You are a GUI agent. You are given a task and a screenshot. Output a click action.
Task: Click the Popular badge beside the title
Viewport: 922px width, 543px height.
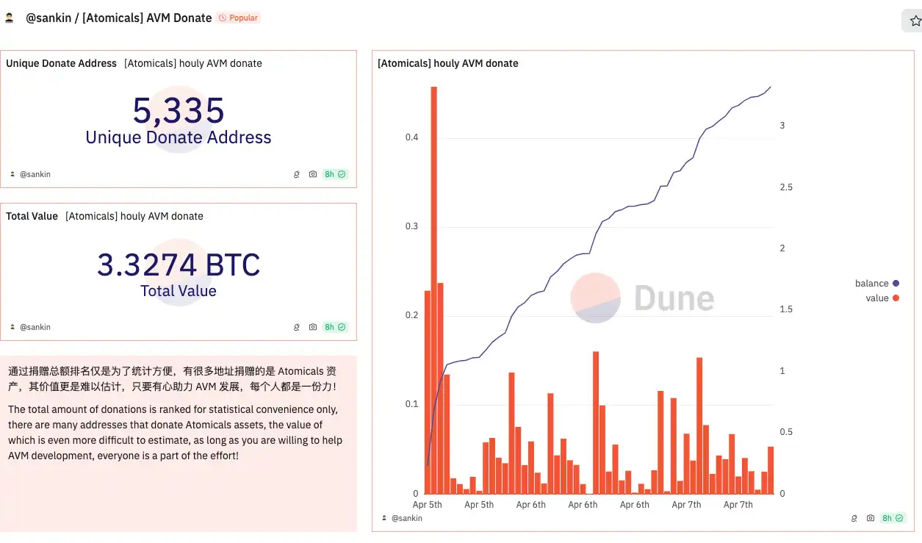tap(239, 18)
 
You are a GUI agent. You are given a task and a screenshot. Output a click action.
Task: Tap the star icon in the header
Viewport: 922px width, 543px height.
tap(915, 21)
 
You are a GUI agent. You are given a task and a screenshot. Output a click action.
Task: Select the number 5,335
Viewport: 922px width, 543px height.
tap(179, 111)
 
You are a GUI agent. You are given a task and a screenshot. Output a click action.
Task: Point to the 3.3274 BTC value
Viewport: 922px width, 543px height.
tap(179, 265)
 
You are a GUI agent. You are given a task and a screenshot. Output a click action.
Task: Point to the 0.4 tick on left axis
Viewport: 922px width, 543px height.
tap(411, 137)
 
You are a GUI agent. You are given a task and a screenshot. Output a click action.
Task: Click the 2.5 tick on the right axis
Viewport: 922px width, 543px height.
tap(785, 187)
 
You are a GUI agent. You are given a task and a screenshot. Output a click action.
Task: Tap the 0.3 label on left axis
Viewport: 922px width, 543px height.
tap(411, 226)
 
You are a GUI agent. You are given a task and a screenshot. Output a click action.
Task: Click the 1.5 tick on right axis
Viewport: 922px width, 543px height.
tap(785, 309)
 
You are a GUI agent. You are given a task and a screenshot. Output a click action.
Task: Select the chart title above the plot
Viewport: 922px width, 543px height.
tap(447, 64)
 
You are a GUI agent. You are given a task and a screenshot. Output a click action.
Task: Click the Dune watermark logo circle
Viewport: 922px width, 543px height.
tap(596, 298)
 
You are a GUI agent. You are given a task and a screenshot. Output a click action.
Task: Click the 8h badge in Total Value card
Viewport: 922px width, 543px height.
tap(334, 327)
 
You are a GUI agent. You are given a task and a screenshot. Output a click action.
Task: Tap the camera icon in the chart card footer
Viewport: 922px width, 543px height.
tap(871, 518)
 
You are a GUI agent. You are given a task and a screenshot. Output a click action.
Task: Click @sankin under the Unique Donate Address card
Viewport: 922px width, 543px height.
tap(35, 174)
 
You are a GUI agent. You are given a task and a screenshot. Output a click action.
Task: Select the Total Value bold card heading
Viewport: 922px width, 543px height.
tap(32, 217)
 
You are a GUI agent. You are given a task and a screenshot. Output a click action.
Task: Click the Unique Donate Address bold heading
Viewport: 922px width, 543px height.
tap(61, 64)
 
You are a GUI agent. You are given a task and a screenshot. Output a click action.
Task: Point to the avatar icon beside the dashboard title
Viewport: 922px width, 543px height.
tap(10, 18)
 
